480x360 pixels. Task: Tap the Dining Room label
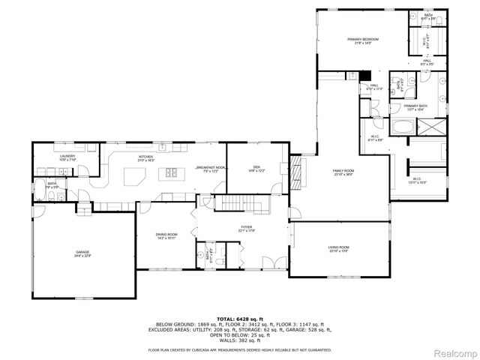point(166,235)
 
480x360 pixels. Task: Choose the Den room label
point(256,168)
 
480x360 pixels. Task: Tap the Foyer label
point(246,229)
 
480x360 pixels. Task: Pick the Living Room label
point(339,248)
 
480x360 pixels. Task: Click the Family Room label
point(343,172)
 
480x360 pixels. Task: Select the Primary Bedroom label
point(363,40)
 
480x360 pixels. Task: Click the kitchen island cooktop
point(171,174)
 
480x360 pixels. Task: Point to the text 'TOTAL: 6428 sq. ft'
point(239,319)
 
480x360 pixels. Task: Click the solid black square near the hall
point(366,75)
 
